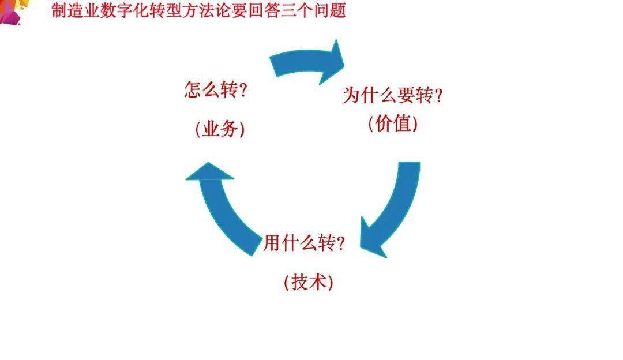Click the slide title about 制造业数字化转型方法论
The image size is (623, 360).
(198, 11)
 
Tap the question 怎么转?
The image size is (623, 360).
(216, 90)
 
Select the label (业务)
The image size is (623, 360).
(220, 129)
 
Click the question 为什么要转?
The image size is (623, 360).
(393, 95)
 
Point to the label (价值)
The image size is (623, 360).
(393, 123)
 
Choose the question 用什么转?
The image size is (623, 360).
(304, 243)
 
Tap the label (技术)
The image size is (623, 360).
(308, 282)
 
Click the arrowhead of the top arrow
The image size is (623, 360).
(332, 62)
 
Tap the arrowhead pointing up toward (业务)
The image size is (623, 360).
(209, 172)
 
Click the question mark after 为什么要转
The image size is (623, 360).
(438, 95)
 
